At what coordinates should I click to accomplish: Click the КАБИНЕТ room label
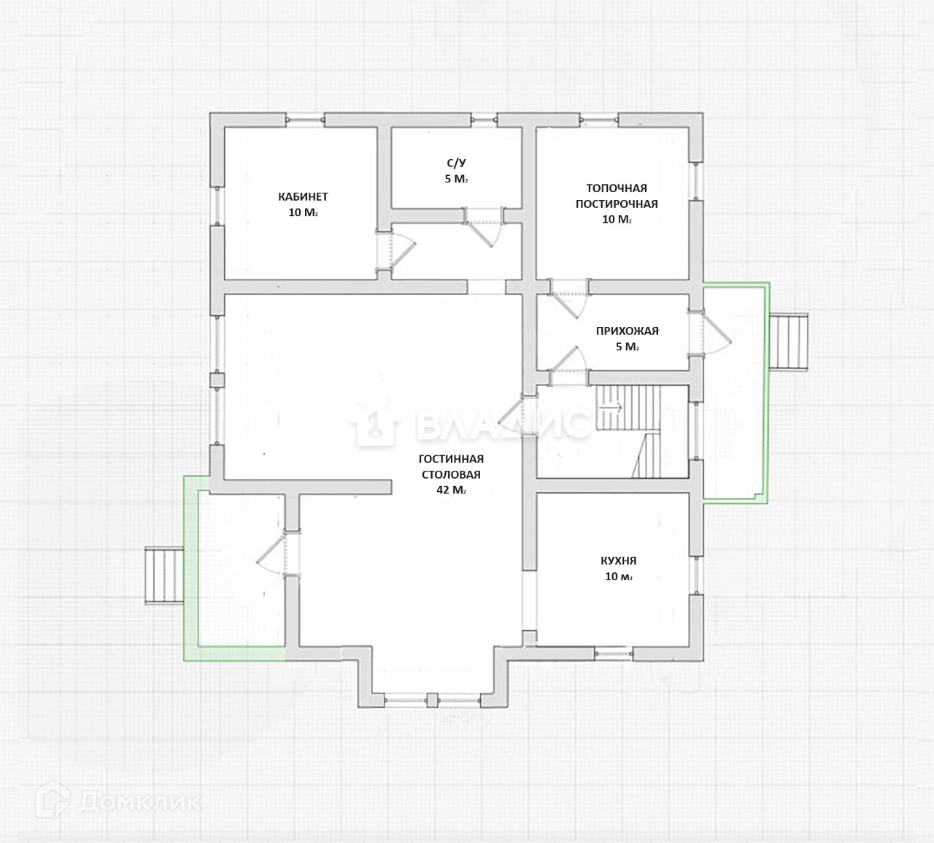[x=303, y=196]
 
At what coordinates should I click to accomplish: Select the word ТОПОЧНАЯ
[x=617, y=188]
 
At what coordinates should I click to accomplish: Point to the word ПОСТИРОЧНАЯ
[x=617, y=204]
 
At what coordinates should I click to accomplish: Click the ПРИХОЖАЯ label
[x=627, y=331]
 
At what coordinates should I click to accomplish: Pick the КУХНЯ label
[x=618, y=561]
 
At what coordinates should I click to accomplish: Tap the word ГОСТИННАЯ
[x=451, y=459]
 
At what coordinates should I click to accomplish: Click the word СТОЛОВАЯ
[x=451, y=474]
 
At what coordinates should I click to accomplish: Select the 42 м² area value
[x=451, y=490]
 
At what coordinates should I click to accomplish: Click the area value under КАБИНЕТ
[x=303, y=212]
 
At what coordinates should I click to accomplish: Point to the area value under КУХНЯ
[x=618, y=577]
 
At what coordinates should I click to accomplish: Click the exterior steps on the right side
[x=790, y=342]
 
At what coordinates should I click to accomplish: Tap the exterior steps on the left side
[x=164, y=575]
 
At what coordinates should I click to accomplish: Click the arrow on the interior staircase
[x=613, y=407]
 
